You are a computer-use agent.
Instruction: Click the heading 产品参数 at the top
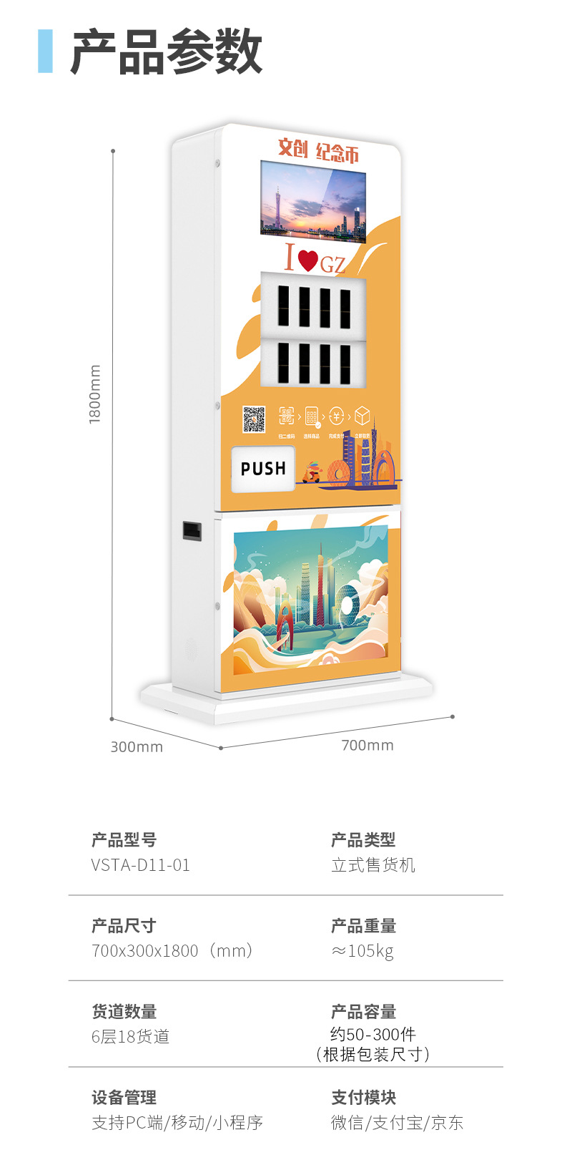pos(166,52)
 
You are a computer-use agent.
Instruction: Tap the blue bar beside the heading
pos(45,51)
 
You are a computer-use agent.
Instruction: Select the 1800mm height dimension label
pos(95,394)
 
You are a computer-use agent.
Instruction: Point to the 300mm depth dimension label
pos(137,747)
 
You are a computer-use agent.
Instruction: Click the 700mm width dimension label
pos(368,746)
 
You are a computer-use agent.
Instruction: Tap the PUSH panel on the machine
pos(263,469)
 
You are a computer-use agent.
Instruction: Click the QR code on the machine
pos(253,419)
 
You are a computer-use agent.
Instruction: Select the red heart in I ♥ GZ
pos(307,260)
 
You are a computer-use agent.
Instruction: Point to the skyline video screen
pos(313,201)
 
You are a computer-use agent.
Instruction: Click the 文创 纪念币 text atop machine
pos(318,150)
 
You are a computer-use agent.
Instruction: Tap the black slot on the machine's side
pos(192,530)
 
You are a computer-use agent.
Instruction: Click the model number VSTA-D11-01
pos(141,865)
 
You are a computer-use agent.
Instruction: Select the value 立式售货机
pos(373,865)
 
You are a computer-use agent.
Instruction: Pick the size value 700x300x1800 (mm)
pos(172,951)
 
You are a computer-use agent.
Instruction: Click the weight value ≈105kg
pos(363,951)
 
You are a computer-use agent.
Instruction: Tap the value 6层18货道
pos(131,1037)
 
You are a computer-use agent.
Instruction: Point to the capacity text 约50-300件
pos(373,1034)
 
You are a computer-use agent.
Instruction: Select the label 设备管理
pos(124,1098)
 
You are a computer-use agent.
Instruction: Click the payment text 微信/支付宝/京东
pos(397,1123)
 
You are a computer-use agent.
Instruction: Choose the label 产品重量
pos(363,926)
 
